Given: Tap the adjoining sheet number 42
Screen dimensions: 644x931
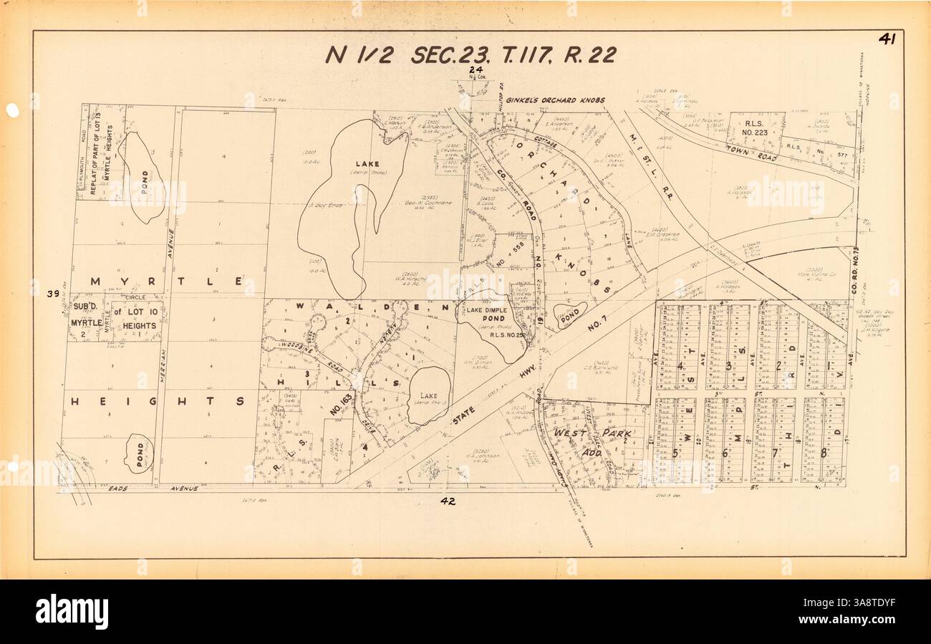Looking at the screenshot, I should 448,501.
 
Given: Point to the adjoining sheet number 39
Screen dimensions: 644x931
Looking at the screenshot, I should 52,294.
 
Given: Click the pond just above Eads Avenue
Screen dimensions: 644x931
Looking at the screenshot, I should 138,453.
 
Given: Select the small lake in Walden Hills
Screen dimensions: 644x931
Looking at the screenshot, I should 428,395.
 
